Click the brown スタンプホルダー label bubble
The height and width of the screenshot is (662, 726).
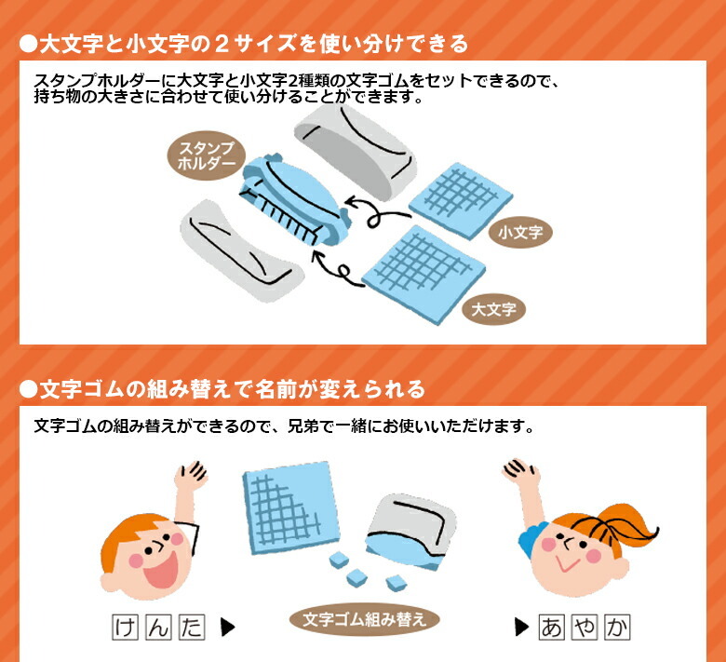[x=206, y=155]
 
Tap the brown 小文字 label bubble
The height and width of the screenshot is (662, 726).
[x=520, y=232]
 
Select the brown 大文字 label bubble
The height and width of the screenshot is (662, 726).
[x=493, y=309]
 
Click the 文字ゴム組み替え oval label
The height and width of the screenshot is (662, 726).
[x=364, y=619]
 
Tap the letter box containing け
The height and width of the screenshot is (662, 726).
[x=126, y=628]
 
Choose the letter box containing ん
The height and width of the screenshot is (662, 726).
[x=159, y=628]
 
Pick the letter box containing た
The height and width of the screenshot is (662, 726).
[x=192, y=628]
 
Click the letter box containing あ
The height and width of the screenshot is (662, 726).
[x=551, y=628]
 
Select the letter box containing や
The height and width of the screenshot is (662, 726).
[x=585, y=628]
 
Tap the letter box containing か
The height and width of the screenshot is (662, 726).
[x=617, y=628]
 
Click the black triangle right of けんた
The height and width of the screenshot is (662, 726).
[x=227, y=628]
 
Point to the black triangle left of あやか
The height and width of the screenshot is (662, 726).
[x=521, y=628]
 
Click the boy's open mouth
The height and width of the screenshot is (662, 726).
[x=161, y=569]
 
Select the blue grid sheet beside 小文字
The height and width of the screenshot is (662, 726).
[x=461, y=200]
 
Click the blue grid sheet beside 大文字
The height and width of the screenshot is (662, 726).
[x=423, y=275]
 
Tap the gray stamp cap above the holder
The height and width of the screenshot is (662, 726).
[x=356, y=151]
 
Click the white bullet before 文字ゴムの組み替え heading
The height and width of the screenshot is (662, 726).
[x=28, y=389]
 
